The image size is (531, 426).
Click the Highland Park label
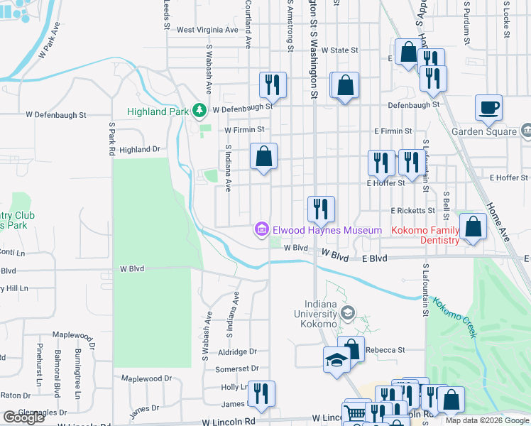pos(158,111)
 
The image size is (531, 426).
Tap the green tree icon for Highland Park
pos(201,111)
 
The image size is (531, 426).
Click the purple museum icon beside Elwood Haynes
pos(261,229)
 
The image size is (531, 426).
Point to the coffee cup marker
pos(488,109)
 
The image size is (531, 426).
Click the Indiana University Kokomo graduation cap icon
pos(348,312)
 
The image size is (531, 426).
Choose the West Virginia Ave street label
pos(207,30)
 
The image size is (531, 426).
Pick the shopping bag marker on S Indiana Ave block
pos(263,156)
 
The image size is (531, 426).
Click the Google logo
pos(23,417)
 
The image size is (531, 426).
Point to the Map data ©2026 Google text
pos(486,420)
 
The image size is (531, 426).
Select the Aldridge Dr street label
pos(238,351)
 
